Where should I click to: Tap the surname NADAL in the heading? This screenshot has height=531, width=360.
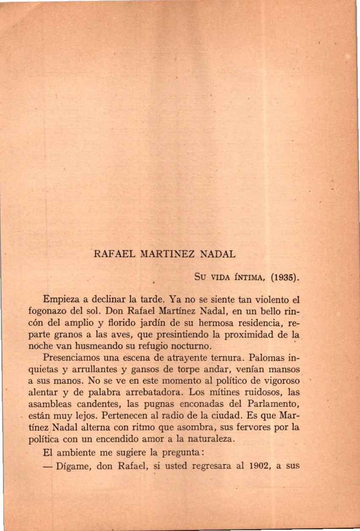tap(217, 255)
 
